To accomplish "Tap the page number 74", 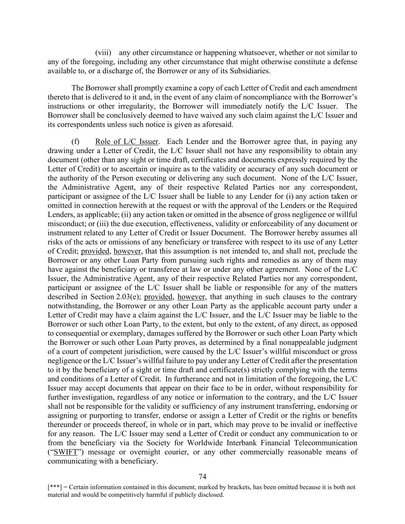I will pos(203,477).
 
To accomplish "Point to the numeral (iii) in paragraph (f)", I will pos(105,224).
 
